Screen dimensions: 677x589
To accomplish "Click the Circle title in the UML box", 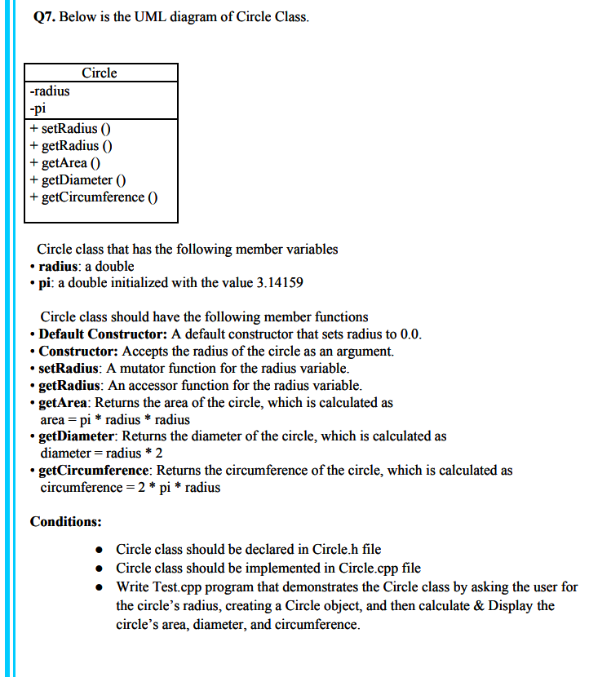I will click(x=100, y=73).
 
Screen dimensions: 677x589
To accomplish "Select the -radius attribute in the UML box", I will click(x=49, y=91).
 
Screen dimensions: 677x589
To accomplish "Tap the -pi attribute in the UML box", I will click(x=38, y=108).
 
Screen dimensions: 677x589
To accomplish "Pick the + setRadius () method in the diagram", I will click(x=70, y=128).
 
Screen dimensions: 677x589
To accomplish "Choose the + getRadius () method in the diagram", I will click(x=70, y=145).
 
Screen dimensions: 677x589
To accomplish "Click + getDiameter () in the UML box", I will click(x=76, y=179).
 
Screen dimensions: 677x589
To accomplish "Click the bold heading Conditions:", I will click(x=65, y=521).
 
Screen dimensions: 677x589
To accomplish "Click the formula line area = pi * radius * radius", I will click(x=115, y=420).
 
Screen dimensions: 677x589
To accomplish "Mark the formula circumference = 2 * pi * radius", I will click(x=130, y=488).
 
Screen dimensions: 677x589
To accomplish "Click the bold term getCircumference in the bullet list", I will click(x=94, y=471).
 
